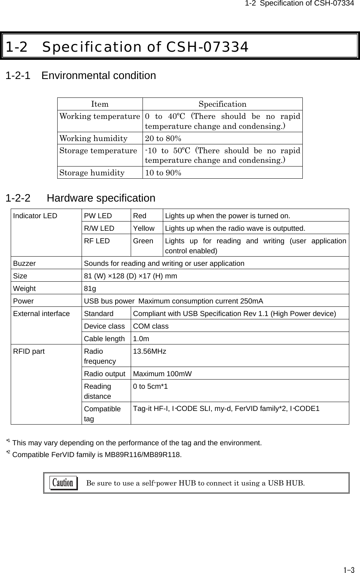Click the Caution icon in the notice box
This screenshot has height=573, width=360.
64,483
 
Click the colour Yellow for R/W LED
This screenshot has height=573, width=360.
144,228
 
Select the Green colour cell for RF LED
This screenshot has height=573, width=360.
143,241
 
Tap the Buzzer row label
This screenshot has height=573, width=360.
25,263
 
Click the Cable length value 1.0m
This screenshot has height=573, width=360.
141,339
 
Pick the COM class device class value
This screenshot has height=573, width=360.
151,326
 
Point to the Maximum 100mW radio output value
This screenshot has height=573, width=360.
162,374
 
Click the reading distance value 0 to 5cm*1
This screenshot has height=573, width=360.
150,387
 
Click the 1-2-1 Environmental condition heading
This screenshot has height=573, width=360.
81,76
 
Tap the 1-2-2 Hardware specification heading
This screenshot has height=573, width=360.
80,198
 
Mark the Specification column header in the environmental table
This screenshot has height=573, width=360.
222,104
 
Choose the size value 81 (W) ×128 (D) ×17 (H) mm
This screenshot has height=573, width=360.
130,276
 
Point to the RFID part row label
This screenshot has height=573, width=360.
29,351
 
